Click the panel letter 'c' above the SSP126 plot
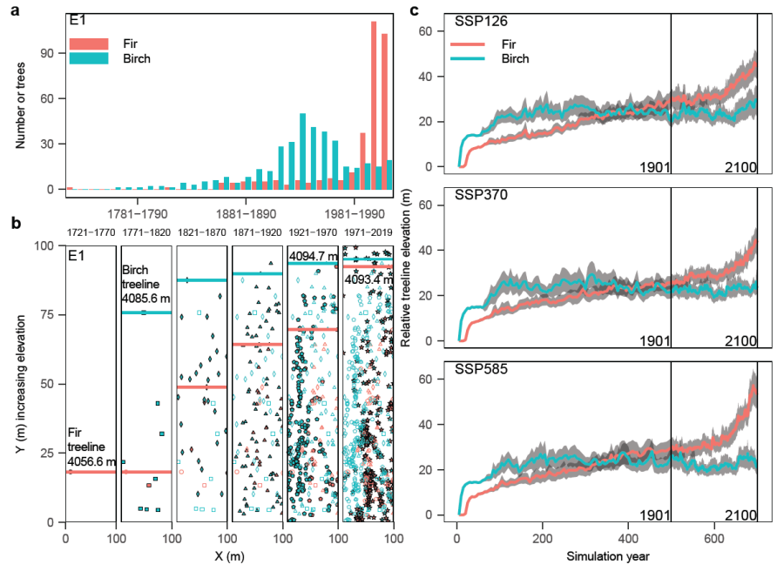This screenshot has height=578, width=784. [415, 10]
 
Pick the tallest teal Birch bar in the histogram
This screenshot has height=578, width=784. [302, 151]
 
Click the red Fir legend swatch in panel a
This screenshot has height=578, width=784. [88, 44]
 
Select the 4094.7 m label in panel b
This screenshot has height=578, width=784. [313, 256]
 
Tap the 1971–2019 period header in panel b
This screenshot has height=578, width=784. [368, 232]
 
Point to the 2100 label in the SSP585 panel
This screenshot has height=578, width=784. [740, 514]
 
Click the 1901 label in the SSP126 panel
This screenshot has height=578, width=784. [653, 166]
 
